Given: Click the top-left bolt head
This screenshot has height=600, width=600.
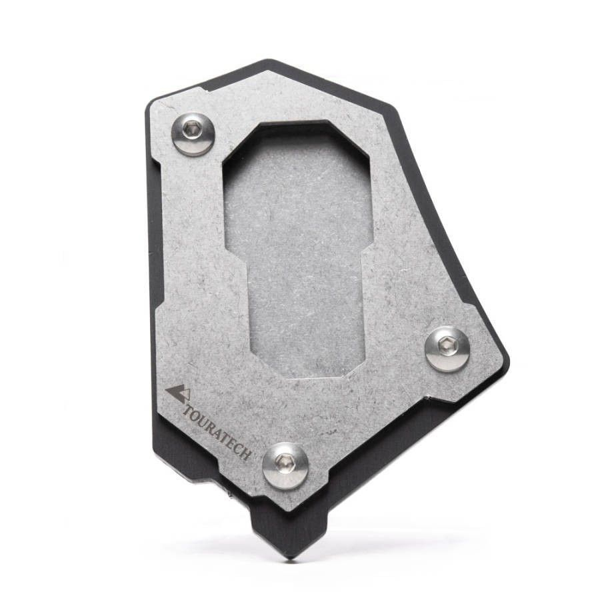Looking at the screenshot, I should (x=193, y=133).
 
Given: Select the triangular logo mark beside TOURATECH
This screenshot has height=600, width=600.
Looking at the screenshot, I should (x=177, y=393).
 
